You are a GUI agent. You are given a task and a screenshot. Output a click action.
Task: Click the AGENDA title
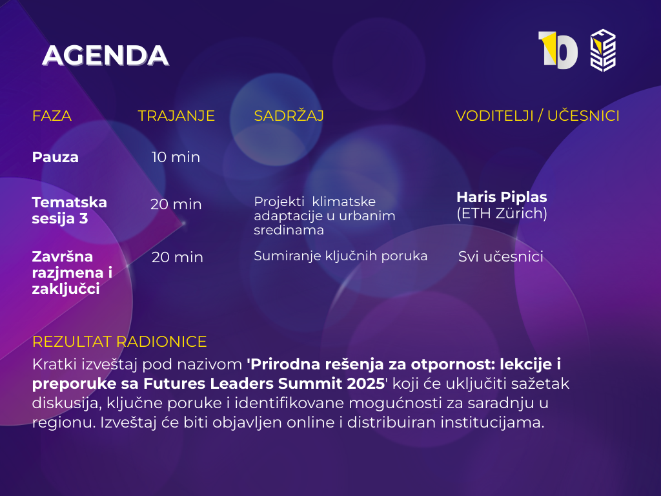pyautogui.click(x=105, y=56)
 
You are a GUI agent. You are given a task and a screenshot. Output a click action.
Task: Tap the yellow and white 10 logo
pyautogui.click(x=558, y=50)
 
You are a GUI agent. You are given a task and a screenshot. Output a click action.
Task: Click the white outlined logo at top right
pyautogui.click(x=603, y=50)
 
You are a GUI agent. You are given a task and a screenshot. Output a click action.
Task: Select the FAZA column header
pyautogui.click(x=52, y=116)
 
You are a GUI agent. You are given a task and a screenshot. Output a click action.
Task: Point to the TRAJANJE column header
pyautogui.click(x=176, y=116)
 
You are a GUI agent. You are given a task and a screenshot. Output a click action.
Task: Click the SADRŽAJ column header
pyautogui.click(x=289, y=115)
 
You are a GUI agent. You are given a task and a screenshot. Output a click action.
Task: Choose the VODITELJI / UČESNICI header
pyautogui.click(x=538, y=115)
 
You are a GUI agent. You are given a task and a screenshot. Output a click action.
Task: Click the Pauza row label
pyautogui.click(x=56, y=157)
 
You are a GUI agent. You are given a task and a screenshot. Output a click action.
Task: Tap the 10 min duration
pyautogui.click(x=176, y=157)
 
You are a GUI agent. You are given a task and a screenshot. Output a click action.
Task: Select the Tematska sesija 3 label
pyautogui.click(x=70, y=210)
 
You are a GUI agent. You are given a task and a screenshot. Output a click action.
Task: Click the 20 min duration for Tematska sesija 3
pyautogui.click(x=176, y=204)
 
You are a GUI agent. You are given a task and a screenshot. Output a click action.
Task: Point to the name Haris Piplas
pyautogui.click(x=502, y=197)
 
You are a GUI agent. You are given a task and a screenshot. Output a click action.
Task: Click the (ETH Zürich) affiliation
pyautogui.click(x=502, y=213)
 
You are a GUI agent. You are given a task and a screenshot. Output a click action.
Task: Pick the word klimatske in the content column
pyautogui.click(x=343, y=201)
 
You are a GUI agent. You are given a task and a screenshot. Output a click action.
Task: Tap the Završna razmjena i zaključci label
pyautogui.click(x=72, y=273)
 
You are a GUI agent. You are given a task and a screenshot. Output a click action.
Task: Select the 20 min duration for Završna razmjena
pyautogui.click(x=177, y=257)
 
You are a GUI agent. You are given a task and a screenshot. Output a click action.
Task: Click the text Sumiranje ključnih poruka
pyautogui.click(x=341, y=256)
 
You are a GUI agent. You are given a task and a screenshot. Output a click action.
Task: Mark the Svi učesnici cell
pyautogui.click(x=500, y=256)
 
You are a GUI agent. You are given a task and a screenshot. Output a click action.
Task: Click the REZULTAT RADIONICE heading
pyautogui.click(x=119, y=342)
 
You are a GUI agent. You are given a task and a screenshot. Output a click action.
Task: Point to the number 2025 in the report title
pyautogui.click(x=366, y=384)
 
